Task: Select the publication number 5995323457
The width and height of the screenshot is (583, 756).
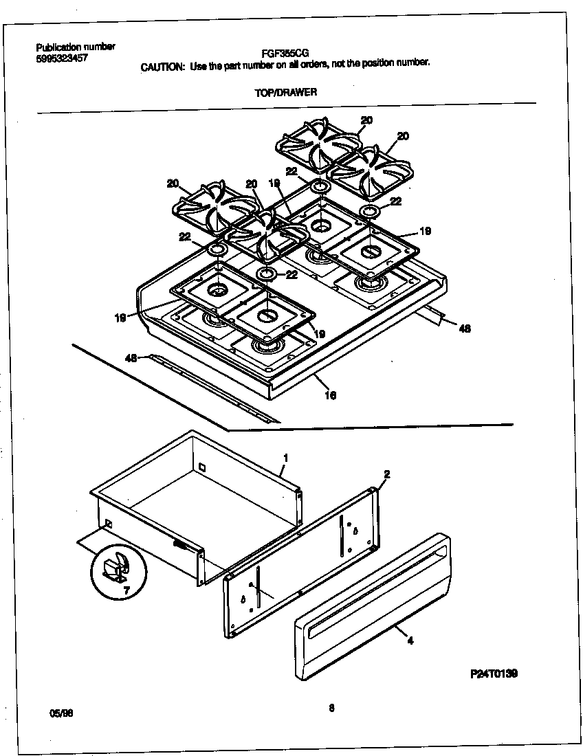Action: click(x=61, y=58)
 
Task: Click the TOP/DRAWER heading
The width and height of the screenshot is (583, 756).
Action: click(x=286, y=92)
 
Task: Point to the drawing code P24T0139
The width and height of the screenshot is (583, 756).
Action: click(x=494, y=675)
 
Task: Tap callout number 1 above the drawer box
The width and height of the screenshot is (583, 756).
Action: click(x=285, y=456)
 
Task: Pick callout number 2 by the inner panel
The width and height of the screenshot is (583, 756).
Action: click(x=386, y=474)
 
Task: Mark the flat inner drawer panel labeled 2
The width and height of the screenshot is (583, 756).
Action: click(x=302, y=564)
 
